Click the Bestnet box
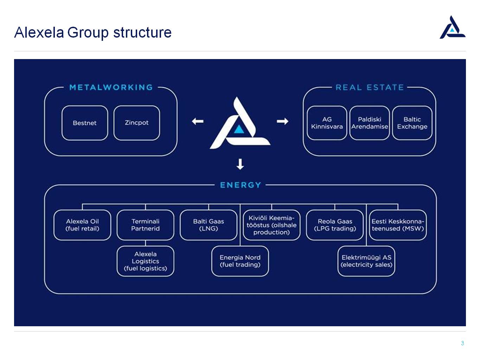click(x=85, y=123)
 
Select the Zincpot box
click(x=137, y=123)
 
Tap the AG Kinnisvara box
click(x=327, y=123)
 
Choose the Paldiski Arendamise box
click(x=369, y=123)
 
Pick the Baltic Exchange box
click(x=412, y=123)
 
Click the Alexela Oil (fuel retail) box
click(x=82, y=225)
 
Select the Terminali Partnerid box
click(x=146, y=225)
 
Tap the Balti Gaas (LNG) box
click(x=209, y=225)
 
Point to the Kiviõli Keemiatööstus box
click(x=271, y=225)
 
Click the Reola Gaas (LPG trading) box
click(x=335, y=225)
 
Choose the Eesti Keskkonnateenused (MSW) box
click(x=398, y=225)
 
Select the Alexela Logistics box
click(x=146, y=261)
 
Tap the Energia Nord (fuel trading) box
click(x=240, y=261)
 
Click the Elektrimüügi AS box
click(x=366, y=261)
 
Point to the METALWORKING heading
click(x=111, y=88)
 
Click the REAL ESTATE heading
click(x=370, y=88)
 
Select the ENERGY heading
click(x=240, y=185)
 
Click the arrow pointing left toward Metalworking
click(x=198, y=121)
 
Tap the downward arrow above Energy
click(x=240, y=164)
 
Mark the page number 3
click(x=462, y=343)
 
